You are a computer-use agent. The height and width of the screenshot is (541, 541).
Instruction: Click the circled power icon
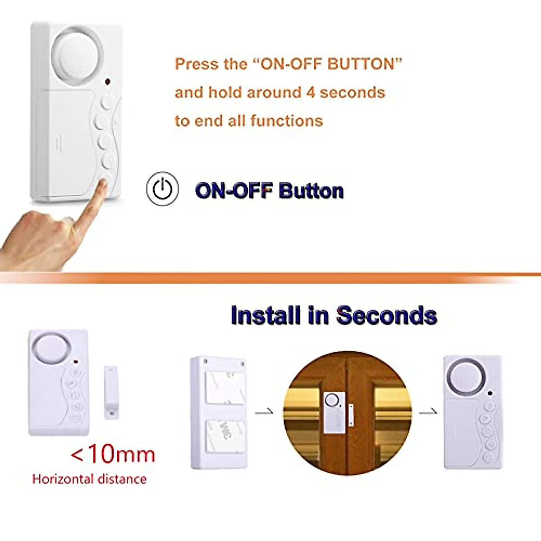tap(162, 188)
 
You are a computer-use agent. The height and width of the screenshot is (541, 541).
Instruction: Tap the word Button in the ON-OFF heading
tap(311, 191)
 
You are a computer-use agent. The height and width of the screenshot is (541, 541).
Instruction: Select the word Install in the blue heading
tap(265, 315)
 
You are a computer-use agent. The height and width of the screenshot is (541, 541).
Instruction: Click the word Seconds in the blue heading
tap(386, 315)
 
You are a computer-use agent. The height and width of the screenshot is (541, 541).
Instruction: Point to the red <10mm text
tap(113, 454)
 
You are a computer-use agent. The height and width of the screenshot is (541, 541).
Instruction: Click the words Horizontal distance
tap(89, 479)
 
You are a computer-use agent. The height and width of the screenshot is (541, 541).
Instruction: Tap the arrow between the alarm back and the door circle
tap(264, 412)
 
